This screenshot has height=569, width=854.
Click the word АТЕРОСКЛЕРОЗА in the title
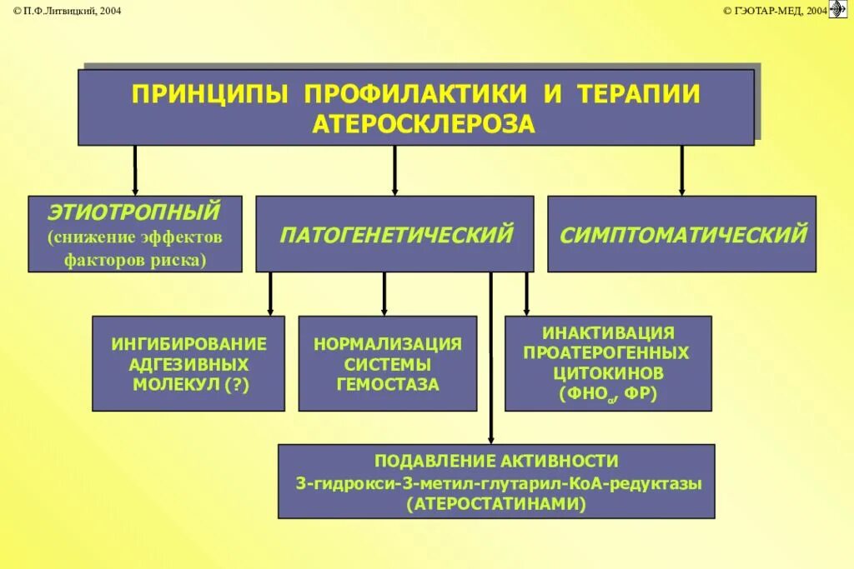[x=423, y=123]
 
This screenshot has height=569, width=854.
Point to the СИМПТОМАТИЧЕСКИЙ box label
[x=683, y=234]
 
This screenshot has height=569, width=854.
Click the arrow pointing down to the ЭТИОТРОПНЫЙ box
[x=134, y=171]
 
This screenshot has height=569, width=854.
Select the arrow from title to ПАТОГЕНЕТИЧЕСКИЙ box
[x=394, y=171]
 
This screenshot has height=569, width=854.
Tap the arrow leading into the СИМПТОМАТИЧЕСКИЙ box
[x=681, y=171]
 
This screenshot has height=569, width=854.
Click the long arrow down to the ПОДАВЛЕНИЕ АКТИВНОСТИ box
[x=490, y=358]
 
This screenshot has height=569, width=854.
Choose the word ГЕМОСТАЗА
[x=388, y=385]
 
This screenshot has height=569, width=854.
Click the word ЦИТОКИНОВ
[x=608, y=372]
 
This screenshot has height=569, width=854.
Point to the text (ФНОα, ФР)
[x=608, y=392]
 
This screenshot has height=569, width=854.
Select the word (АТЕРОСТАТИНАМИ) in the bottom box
[x=496, y=503]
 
